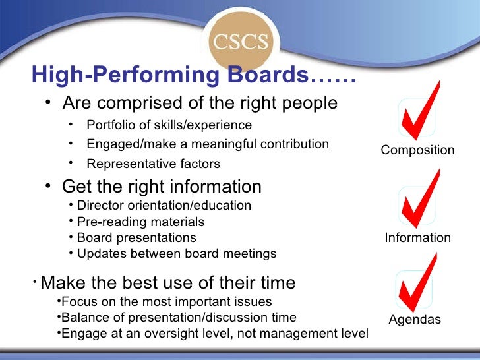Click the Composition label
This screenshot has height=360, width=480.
pos(417,150)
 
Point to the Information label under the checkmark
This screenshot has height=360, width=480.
pos(418,237)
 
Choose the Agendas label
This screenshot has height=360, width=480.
pos(415,320)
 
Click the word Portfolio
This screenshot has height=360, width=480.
pos(109,125)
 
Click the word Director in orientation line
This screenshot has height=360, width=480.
pos(99,205)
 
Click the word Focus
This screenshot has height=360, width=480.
pos(76,302)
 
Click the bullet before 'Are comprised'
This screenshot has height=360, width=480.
pos(49,104)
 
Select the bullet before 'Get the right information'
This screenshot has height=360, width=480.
pos(49,187)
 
